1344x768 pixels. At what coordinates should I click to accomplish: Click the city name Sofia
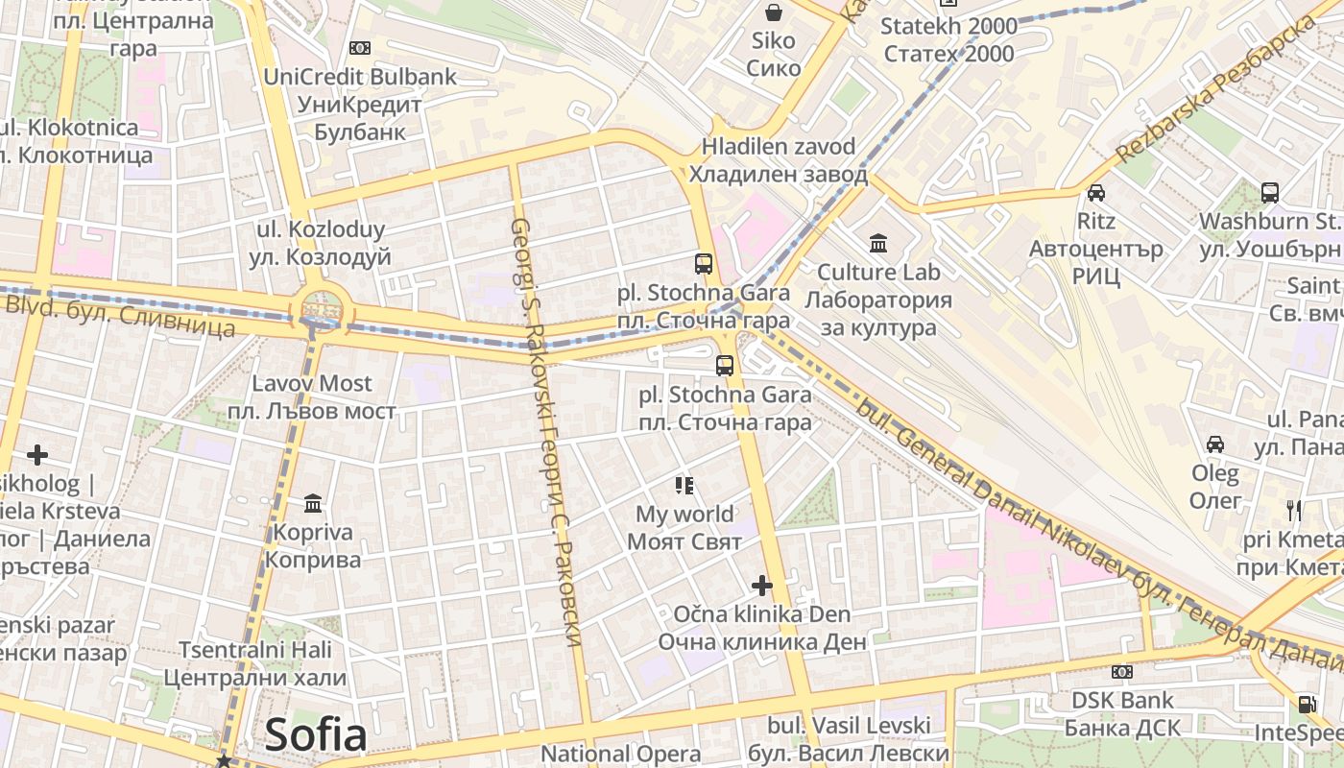(316, 735)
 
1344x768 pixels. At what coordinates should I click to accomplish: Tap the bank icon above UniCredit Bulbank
(360, 47)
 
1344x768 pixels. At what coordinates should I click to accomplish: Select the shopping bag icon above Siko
(773, 12)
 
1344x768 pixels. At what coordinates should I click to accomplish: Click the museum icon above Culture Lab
(878, 243)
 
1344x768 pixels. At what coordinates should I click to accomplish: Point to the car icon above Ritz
(1095, 193)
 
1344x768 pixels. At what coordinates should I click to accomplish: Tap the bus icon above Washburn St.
(1270, 193)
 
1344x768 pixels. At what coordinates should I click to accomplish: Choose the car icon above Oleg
(1215, 444)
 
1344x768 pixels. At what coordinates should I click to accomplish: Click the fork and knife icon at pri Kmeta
(1294, 510)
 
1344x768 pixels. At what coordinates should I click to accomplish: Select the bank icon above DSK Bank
(1121, 671)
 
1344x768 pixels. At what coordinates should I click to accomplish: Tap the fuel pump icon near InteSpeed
(1307, 704)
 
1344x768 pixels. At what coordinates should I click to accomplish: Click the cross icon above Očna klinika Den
(762, 585)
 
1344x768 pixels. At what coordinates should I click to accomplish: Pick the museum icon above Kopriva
(313, 503)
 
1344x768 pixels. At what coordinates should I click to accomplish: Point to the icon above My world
(684, 485)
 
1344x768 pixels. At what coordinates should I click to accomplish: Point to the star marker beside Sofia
(224, 760)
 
